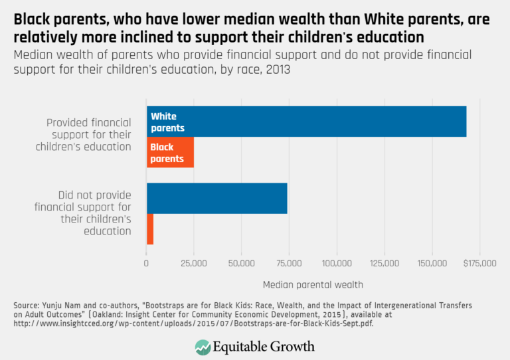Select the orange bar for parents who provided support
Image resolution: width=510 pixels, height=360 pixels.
[170, 153]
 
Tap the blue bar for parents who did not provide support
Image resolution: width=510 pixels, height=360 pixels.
[217, 198]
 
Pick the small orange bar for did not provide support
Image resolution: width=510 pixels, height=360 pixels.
[150, 229]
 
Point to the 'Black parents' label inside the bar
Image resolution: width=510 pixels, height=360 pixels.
[167, 153]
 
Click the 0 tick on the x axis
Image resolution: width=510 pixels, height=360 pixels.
[147, 263]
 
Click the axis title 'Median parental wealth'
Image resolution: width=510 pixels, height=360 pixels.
[313, 284]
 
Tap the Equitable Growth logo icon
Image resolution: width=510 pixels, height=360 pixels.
[203, 346]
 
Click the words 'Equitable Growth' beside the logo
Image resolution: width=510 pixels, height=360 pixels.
[264, 346]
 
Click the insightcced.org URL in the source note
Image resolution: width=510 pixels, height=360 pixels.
[186, 324]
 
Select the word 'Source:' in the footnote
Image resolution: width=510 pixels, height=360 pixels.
[27, 305]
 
